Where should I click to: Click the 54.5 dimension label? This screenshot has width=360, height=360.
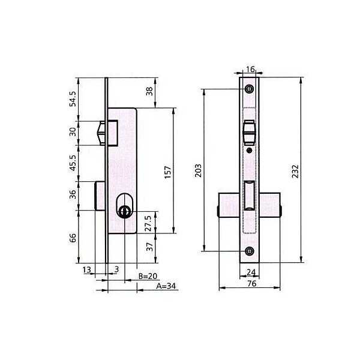tap(73, 99)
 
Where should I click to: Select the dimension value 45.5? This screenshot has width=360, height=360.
tap(73, 163)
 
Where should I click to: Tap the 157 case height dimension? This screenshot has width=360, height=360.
tap(168, 172)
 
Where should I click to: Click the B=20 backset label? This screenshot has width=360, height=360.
tap(148, 276)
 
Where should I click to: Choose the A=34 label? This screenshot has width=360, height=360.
tap(166, 286)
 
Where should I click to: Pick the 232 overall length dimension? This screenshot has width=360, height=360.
tap(295, 171)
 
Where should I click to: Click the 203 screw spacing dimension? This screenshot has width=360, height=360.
tap(198, 170)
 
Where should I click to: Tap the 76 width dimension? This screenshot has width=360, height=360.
tap(251, 284)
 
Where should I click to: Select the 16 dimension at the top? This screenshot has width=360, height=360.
tap(250, 69)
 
